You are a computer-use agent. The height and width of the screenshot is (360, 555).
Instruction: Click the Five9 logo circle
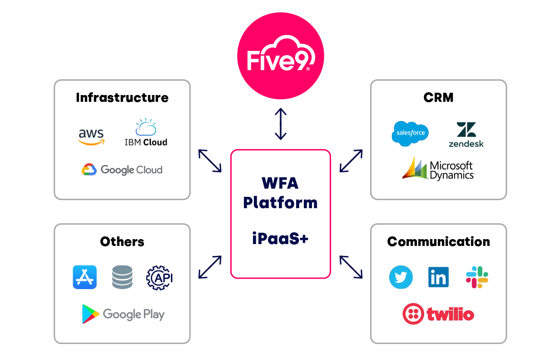click(281, 59)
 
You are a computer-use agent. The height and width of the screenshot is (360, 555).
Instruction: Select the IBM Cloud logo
click(146, 133)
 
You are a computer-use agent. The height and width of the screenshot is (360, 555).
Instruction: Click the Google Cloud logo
click(122, 170)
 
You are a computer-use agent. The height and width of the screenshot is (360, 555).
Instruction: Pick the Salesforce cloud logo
click(410, 133)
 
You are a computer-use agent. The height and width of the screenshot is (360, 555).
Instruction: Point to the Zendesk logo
click(466, 135)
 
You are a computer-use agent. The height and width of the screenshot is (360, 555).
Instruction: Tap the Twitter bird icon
click(401, 277)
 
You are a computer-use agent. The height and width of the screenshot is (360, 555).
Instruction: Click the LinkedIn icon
click(438, 277)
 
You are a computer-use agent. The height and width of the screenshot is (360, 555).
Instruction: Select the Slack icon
click(477, 277)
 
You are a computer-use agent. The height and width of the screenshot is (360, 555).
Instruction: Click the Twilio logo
click(438, 314)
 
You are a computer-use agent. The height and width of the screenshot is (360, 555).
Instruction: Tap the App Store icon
click(85, 277)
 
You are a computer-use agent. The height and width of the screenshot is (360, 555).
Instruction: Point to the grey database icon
click(122, 277)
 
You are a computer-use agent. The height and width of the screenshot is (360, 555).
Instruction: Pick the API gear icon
click(159, 277)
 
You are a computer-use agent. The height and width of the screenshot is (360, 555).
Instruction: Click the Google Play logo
click(123, 314)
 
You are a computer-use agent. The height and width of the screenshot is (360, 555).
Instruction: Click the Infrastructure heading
click(122, 98)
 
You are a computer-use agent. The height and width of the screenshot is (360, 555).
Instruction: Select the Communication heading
click(438, 241)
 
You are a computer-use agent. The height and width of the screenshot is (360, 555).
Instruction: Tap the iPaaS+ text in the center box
click(280, 238)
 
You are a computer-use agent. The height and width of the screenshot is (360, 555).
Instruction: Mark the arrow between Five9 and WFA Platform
click(281, 124)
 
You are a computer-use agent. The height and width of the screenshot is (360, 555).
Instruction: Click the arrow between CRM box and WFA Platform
click(351, 160)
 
